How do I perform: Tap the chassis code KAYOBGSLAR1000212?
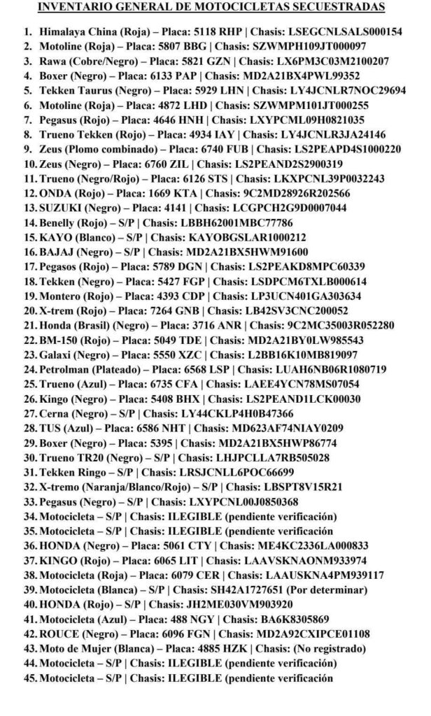(x=234, y=237)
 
